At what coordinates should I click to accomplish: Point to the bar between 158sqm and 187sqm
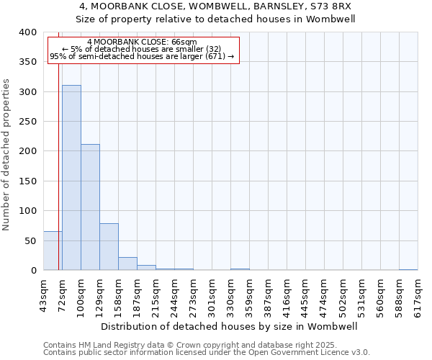coord(127,264)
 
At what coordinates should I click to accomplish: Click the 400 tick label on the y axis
coord(27,32)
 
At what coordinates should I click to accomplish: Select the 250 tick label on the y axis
coord(27,122)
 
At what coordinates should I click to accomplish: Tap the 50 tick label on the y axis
coord(30,240)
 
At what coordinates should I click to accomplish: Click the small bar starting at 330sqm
coord(240,269)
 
